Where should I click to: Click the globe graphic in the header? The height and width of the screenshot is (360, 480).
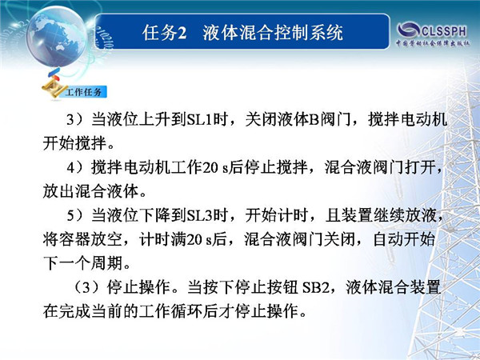57,36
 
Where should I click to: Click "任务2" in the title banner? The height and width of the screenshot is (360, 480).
164,33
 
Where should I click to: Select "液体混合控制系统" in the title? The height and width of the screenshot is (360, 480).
273,33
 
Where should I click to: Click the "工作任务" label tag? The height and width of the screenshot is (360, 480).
83,92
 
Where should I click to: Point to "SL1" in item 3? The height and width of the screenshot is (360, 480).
199,120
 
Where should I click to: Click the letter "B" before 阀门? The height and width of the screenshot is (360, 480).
314,120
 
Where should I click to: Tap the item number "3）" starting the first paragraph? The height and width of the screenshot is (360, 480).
74,120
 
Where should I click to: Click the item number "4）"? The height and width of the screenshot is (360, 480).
74,168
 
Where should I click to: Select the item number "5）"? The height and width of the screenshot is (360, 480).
74,215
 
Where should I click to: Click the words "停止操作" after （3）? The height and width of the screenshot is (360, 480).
138,288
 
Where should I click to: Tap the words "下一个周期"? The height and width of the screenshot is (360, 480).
83,263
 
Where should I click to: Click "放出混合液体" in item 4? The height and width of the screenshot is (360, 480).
90,192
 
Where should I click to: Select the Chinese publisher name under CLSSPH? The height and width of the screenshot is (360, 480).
433,43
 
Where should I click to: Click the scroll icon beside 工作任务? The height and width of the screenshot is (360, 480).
54,89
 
